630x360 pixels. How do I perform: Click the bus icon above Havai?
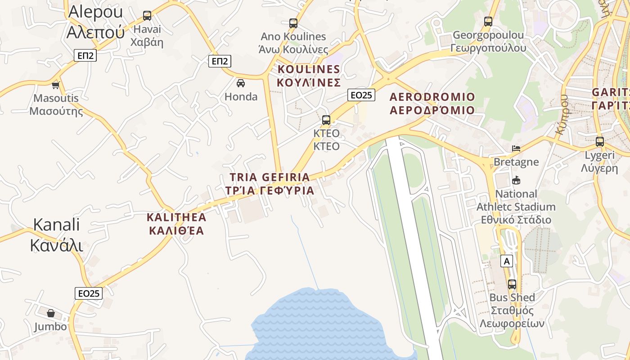147,16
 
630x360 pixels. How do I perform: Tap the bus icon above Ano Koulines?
293,23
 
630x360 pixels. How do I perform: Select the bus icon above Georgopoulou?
488,21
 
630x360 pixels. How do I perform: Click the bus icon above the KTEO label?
326,120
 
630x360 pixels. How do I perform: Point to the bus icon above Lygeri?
600,142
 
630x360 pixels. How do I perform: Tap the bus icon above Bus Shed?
512,284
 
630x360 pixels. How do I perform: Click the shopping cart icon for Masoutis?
56,85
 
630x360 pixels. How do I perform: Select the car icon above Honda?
241,83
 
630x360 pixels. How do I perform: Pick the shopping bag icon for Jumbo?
51,313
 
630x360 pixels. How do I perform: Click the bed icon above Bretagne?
516,148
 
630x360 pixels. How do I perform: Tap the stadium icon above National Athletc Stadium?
516,180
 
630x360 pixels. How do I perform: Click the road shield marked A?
507,261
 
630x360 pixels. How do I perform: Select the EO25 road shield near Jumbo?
89,293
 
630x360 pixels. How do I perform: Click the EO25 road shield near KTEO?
361,95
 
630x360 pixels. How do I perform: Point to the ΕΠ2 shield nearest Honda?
220,61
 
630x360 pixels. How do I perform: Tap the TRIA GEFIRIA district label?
270,184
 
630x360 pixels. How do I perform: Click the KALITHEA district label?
176,224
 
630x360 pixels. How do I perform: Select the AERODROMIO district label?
432,103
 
